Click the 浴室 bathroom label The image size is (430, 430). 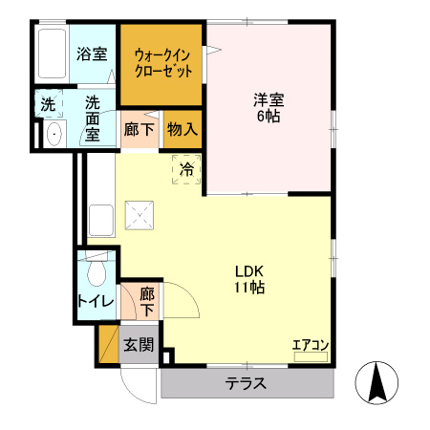point(91,55)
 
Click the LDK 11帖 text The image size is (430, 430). point(250,278)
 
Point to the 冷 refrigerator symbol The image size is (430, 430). point(187,169)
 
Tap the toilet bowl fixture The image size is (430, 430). point(94,273)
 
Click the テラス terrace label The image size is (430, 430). point(246,385)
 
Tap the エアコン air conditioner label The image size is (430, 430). point(311,345)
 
